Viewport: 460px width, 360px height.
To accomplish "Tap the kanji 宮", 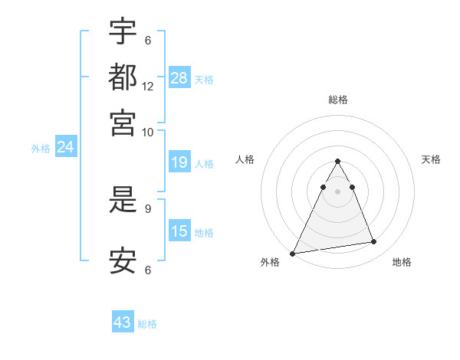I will click(x=123, y=123).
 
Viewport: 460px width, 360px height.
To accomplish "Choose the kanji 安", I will click(x=123, y=261).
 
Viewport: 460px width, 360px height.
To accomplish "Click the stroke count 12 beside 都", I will click(x=148, y=86).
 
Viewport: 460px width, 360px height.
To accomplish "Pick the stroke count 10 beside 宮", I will click(x=148, y=132).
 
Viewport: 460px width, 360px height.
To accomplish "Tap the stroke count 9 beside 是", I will click(x=148, y=208).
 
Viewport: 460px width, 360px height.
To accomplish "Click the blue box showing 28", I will click(x=179, y=77).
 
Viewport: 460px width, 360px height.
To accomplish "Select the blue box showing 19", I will click(x=179, y=162).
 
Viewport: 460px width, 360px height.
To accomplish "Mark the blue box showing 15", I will click(x=179, y=231).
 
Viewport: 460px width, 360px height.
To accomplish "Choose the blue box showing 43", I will click(x=123, y=322).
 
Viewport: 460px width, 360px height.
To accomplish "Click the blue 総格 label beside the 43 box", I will click(x=147, y=324).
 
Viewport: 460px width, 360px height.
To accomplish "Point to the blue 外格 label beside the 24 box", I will click(x=41, y=149).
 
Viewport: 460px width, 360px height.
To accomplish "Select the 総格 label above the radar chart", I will click(x=338, y=100).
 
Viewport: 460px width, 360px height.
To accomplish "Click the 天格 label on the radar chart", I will click(x=432, y=159).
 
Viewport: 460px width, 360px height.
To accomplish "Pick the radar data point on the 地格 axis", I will click(x=374, y=242).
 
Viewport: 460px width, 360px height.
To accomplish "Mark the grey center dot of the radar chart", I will click(x=338, y=191).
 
